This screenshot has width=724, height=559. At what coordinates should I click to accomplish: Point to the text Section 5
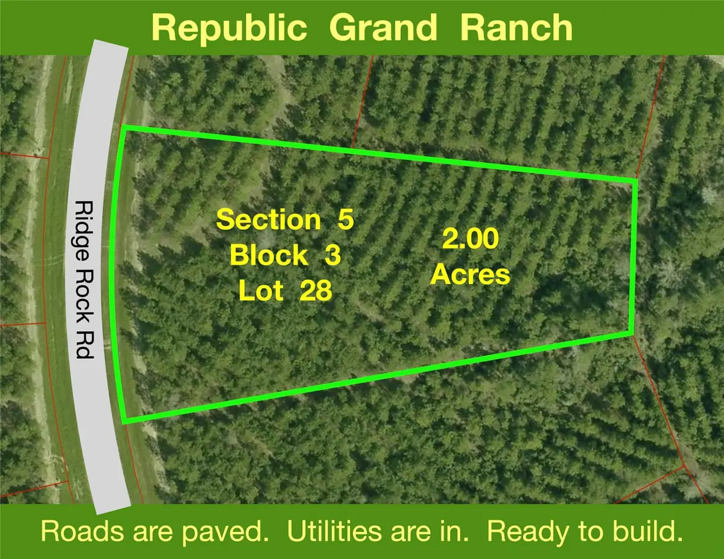(x=284, y=220)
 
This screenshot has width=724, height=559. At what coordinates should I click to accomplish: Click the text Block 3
(x=285, y=256)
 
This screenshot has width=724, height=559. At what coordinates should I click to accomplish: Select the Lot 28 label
(x=285, y=292)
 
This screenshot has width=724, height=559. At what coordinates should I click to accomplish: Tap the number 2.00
(x=470, y=239)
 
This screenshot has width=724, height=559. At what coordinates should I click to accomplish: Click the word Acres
(x=470, y=276)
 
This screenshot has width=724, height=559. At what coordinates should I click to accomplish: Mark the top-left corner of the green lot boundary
(x=124, y=128)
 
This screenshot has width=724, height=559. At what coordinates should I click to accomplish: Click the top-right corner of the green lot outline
(x=635, y=180)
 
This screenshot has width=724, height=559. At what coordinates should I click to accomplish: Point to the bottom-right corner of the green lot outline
(x=630, y=332)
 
